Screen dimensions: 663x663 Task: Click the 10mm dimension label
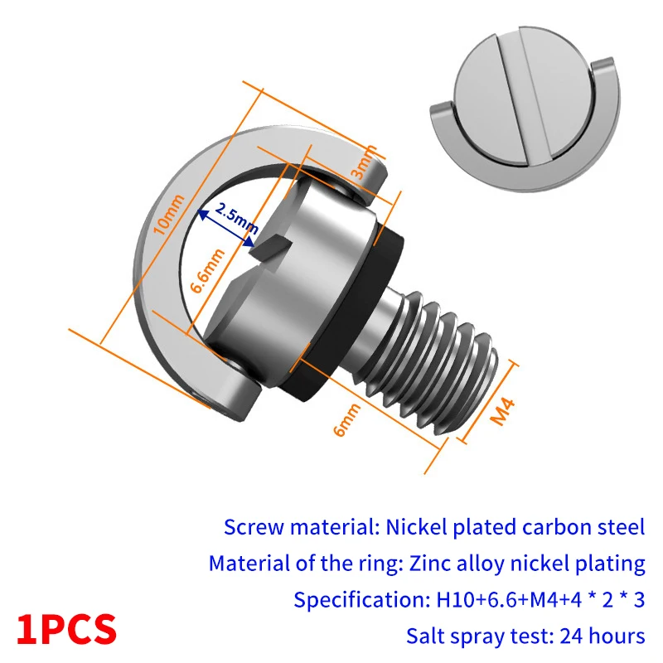tap(169, 215)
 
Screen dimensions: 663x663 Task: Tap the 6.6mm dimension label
tap(207, 271)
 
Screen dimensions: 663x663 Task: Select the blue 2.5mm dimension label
tap(237, 218)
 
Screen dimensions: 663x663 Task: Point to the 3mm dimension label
tap(364, 162)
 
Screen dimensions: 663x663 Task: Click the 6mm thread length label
tap(346, 419)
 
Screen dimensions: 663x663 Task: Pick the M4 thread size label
tap(502, 410)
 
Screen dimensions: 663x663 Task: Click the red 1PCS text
tap(66, 630)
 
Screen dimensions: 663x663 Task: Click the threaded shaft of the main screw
tap(431, 360)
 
